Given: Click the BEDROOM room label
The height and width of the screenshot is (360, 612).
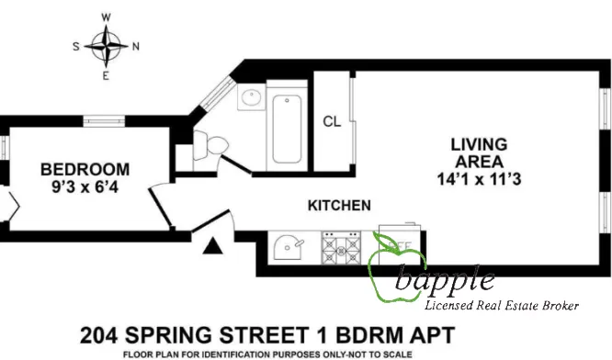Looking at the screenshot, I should tap(85, 169).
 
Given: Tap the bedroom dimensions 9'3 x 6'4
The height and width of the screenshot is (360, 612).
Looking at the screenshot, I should tap(85, 186).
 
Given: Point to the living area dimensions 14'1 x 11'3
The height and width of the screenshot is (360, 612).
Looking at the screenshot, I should tap(479, 178).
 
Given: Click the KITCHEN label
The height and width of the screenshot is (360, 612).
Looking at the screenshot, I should tap(339, 205).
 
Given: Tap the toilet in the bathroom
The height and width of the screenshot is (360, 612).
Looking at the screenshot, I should tap(214, 145).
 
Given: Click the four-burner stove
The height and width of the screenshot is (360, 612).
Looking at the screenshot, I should tap(342, 245).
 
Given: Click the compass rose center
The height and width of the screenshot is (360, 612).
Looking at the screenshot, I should tap(107, 45).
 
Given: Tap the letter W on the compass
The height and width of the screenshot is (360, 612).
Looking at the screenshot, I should tap(107, 17).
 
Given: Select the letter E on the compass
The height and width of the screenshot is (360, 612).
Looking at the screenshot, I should tap(107, 75).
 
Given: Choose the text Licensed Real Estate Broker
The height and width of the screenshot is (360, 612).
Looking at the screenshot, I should tap(501, 305).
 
